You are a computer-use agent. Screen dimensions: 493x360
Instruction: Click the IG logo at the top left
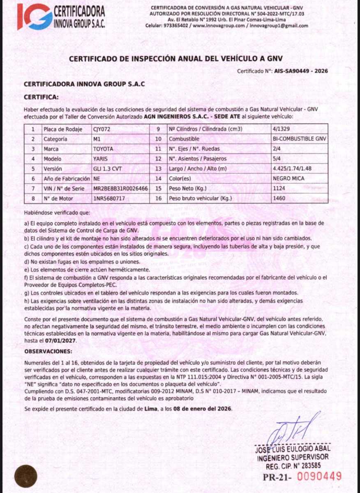point(35,16)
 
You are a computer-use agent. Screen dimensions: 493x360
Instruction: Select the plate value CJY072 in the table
point(102,129)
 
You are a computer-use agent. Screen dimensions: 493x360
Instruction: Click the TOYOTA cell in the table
point(103,149)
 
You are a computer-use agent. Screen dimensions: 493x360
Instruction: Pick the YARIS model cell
point(100,159)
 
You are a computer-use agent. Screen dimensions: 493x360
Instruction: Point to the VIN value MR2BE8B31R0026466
point(120,188)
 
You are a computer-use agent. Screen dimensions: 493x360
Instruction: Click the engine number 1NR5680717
point(109,198)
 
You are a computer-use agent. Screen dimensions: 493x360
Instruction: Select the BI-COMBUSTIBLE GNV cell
point(300,139)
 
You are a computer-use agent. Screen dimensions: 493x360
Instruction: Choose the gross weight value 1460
point(279,198)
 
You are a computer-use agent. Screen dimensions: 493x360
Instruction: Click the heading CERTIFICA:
point(42,97)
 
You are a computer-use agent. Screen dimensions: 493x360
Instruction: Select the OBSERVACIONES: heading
point(48,352)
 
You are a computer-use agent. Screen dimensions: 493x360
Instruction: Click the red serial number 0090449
point(320,477)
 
